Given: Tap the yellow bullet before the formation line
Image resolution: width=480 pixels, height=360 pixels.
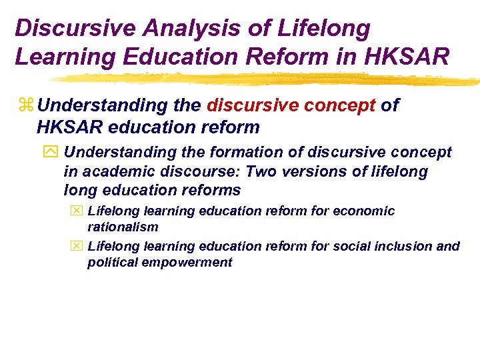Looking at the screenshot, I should point(53,153).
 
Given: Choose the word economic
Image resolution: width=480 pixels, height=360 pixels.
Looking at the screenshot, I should point(363,211).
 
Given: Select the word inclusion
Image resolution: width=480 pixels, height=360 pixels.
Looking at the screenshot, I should point(400,247).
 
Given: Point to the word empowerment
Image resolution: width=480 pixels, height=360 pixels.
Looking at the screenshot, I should point(185,263).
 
